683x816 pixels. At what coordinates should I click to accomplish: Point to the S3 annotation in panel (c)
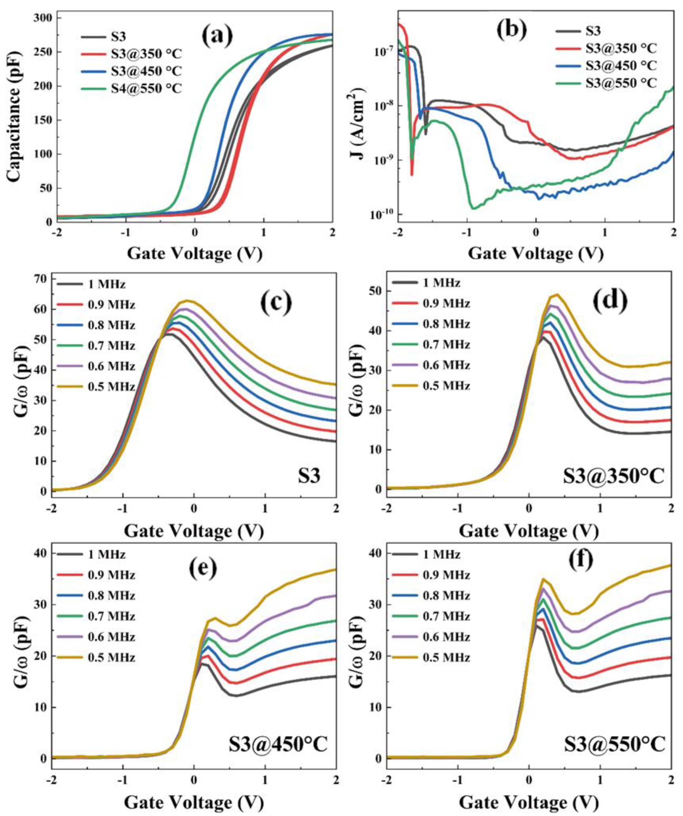pyautogui.click(x=309, y=477)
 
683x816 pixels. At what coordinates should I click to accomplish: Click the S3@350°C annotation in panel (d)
pyautogui.click(x=613, y=477)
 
